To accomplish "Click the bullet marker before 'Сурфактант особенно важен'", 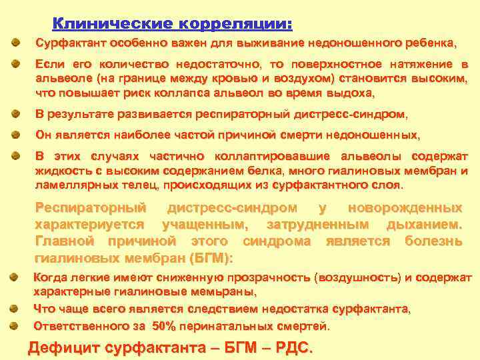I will [15, 43].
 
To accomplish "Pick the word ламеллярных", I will [68, 184].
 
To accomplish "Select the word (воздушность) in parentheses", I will [357, 278].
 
